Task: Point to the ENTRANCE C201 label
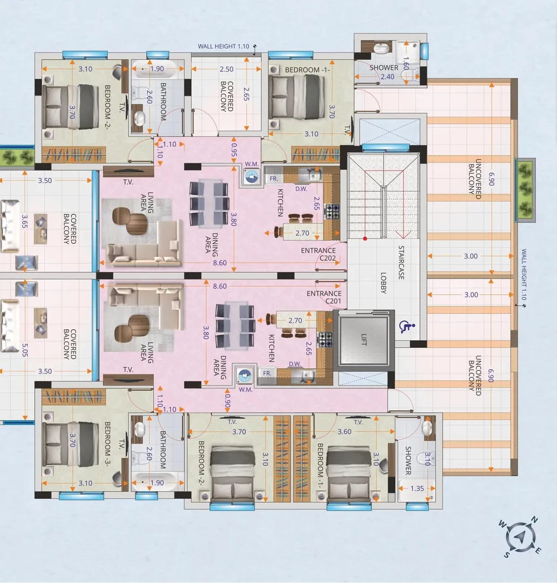[x=324, y=297]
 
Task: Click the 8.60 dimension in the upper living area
[x=220, y=264]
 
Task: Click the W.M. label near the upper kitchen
[x=252, y=164]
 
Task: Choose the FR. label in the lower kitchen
[x=267, y=373]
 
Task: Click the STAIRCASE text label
[x=402, y=263]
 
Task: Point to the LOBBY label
[x=384, y=283]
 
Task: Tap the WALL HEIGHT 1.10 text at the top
[x=223, y=47]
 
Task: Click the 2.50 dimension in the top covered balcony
[x=227, y=69]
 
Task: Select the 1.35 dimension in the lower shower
[x=417, y=489]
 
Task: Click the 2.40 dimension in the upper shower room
[x=388, y=77]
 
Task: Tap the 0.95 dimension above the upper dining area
[x=235, y=149]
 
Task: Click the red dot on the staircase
[x=365, y=238]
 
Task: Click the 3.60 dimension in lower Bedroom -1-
[x=344, y=432]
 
